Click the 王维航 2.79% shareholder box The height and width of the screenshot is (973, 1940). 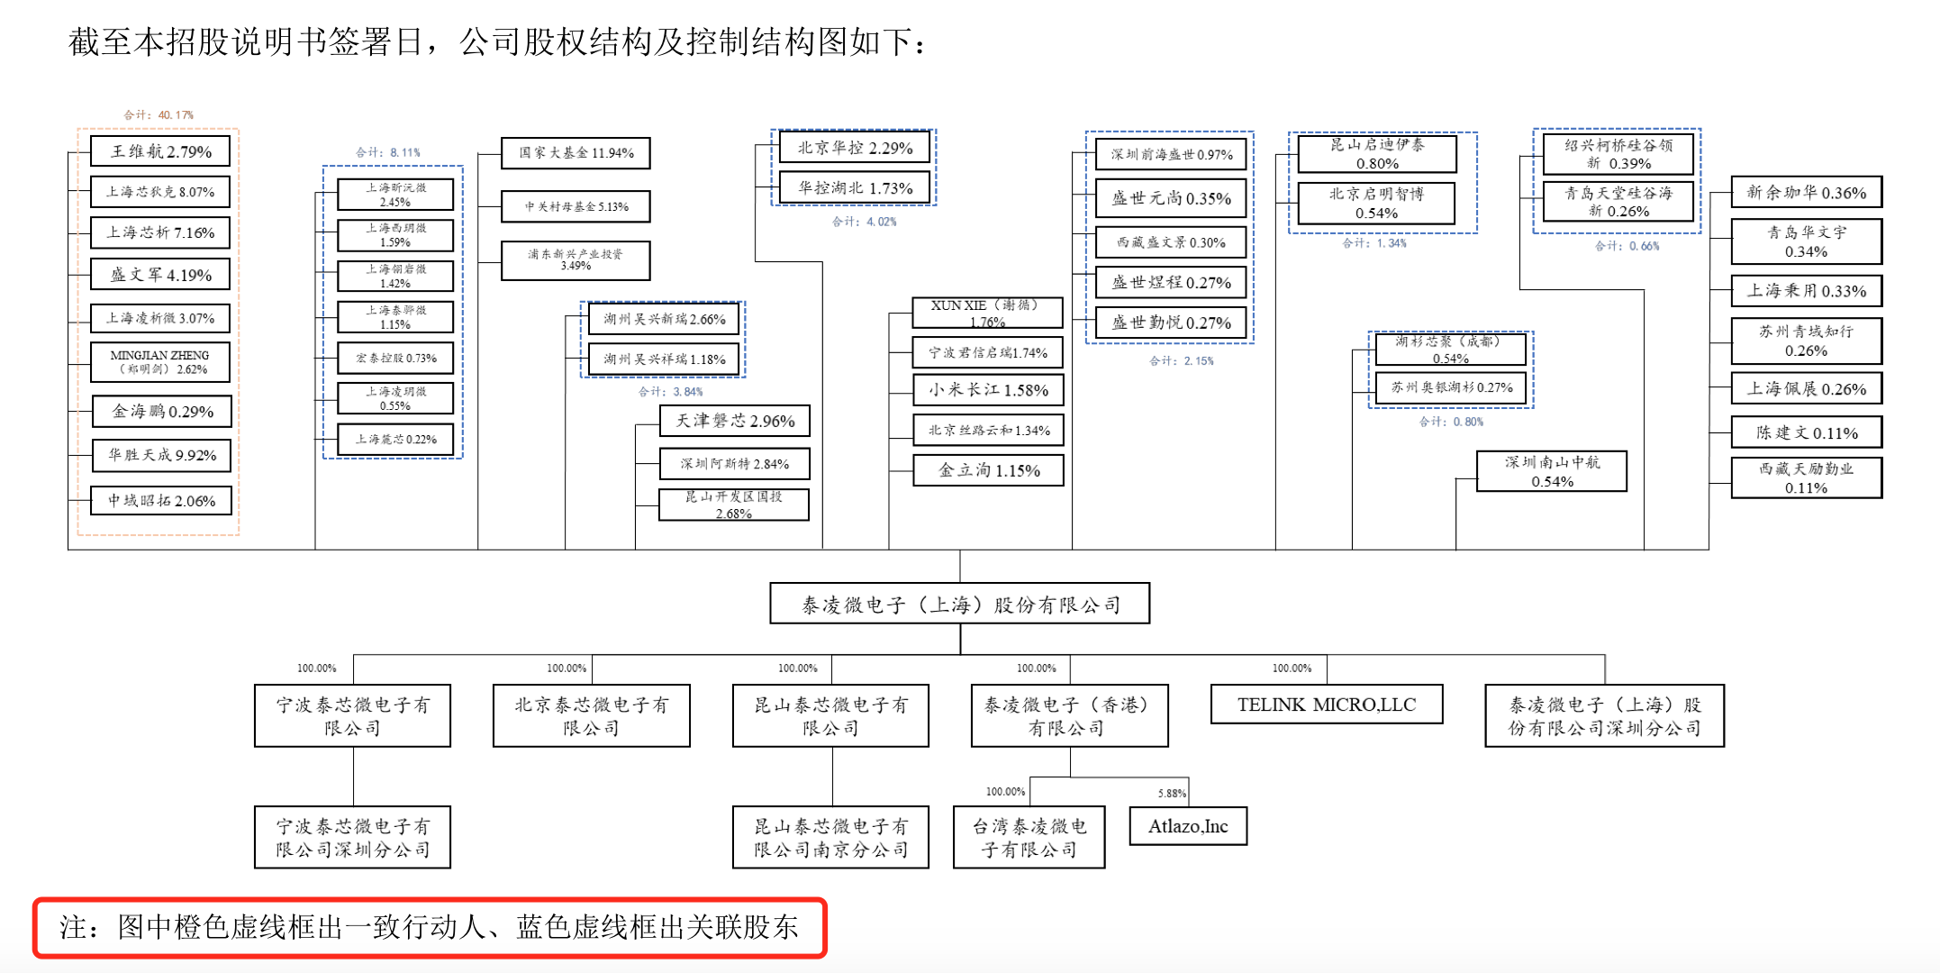pyautogui.click(x=160, y=151)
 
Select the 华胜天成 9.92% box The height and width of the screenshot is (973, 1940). pyautogui.click(x=161, y=455)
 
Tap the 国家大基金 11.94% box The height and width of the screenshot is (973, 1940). pyautogui.click(x=576, y=153)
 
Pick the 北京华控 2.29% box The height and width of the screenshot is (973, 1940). pyautogui.click(x=854, y=148)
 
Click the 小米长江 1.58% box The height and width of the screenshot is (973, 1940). pyautogui.click(x=988, y=390)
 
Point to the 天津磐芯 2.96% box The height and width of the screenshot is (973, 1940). pyautogui.click(x=734, y=421)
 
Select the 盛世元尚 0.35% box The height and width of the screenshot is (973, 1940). pyautogui.click(x=1170, y=198)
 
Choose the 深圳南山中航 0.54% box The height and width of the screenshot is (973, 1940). pyautogui.click(x=1551, y=471)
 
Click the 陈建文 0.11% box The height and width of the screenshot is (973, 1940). pyautogui.click(x=1806, y=432)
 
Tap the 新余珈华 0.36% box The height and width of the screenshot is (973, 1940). pyautogui.click(x=1806, y=192)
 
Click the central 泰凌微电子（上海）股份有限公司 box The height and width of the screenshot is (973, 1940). pyautogui.click(x=959, y=604)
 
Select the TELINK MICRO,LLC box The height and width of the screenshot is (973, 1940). pyautogui.click(x=1326, y=705)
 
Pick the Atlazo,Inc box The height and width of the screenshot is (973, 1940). pyautogui.click(x=1187, y=826)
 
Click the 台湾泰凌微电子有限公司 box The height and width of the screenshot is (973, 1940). pyautogui.click(x=1029, y=837)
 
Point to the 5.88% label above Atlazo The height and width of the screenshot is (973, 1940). pyautogui.click(x=1172, y=793)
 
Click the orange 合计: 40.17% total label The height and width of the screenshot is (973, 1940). pyautogui.click(x=159, y=114)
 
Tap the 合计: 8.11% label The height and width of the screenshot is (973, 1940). pyautogui.click(x=387, y=152)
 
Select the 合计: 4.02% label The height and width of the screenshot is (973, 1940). pyautogui.click(x=864, y=222)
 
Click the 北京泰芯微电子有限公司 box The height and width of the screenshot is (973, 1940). pyautogui.click(x=591, y=716)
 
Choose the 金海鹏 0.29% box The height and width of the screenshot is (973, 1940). pyautogui.click(x=161, y=412)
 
